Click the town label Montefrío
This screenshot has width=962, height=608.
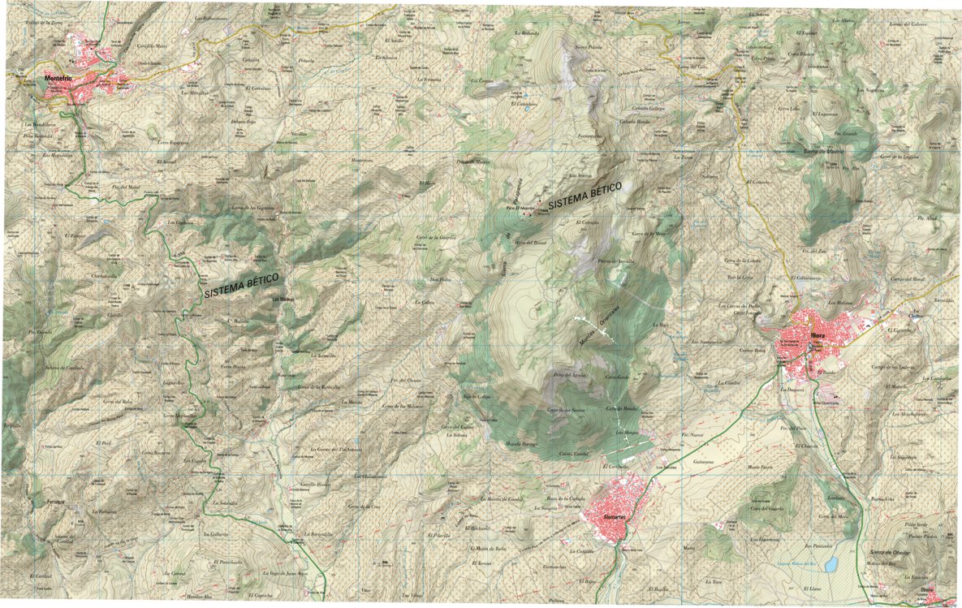61,78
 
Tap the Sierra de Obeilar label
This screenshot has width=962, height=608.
890,553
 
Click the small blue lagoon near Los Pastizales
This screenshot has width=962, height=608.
830,563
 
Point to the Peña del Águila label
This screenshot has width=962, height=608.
570,374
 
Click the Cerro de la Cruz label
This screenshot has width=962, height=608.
365,506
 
